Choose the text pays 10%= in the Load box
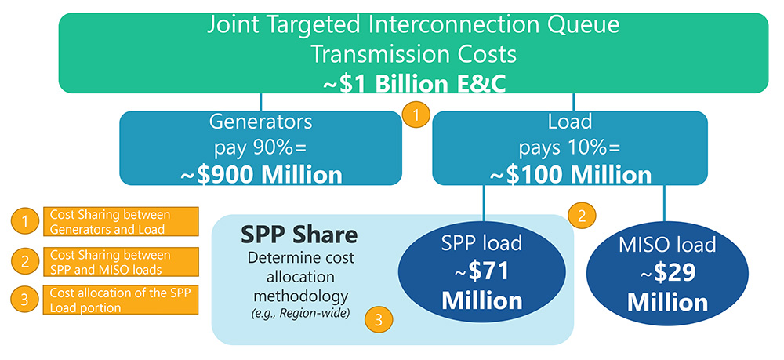[571, 147]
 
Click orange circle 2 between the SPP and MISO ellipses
[581, 213]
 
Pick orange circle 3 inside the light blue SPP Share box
[378, 320]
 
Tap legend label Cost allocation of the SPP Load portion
[118, 300]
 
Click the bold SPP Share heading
[297, 236]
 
